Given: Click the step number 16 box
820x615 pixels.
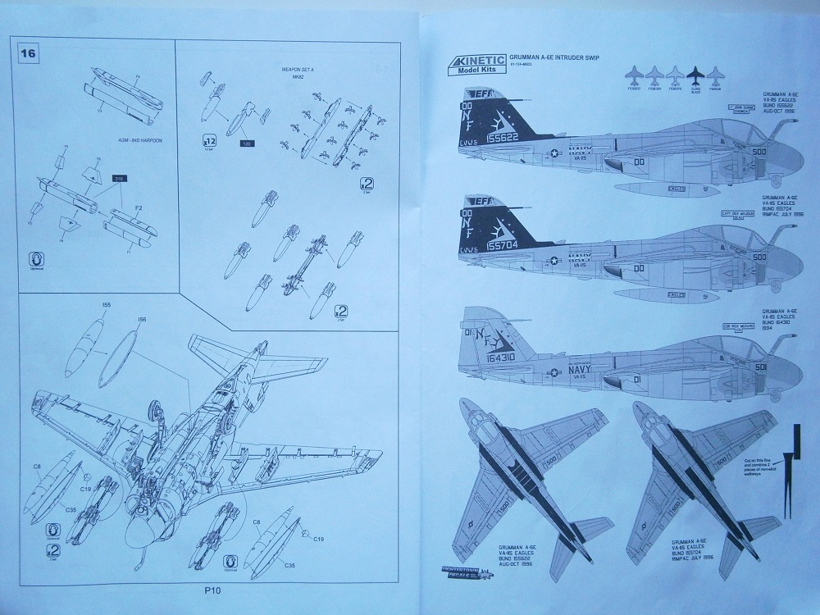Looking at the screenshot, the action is coord(29,54).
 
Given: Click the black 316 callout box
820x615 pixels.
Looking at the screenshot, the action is coord(116,178).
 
